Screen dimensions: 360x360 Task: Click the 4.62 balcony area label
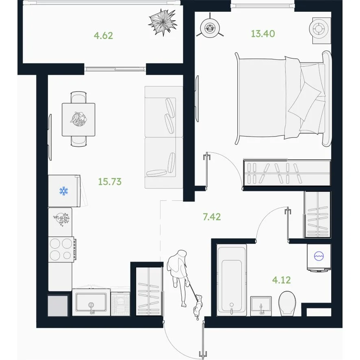pos(103,36)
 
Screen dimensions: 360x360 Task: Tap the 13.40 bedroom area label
pos(262,34)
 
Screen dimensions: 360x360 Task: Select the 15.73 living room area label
pos(110,182)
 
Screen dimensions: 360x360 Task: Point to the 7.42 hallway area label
pos(212,217)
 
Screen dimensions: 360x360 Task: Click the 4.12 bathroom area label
pos(282,280)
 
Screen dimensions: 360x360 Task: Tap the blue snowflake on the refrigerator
pos(64,191)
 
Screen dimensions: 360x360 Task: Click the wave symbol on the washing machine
pos(319,256)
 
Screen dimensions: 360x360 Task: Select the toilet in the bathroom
pos(287,304)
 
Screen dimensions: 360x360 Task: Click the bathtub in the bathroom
pos(232,280)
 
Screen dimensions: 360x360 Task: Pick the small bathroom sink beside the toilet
pos(261,306)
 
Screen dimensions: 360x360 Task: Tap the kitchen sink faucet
pos(91,308)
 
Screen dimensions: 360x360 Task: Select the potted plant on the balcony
pos(163,22)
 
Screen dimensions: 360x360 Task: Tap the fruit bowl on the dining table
pos(78,119)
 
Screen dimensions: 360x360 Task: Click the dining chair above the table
pos(78,97)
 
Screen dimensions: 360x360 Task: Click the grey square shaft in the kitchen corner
pos(58,306)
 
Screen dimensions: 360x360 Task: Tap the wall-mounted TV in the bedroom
pos(197,99)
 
